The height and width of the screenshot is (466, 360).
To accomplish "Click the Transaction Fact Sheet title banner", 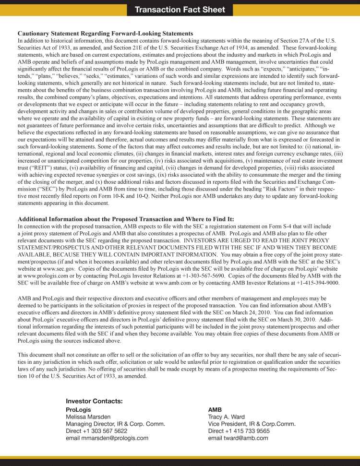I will tap(180, 10).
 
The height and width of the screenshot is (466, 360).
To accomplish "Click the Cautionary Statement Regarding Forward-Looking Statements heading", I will tap(105, 34).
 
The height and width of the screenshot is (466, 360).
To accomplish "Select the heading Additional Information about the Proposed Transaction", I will tap(126, 219).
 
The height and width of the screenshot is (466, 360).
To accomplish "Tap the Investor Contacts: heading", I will tap(94, 401).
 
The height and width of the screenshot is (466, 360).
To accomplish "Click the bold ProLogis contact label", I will tap(78, 410).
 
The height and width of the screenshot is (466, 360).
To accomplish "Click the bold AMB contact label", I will tap(215, 410).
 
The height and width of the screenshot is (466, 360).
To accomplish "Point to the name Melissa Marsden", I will tap(88, 417).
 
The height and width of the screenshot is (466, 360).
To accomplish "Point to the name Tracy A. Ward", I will tap(226, 417).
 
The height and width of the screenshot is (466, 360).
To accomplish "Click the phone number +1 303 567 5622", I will tap(107, 431).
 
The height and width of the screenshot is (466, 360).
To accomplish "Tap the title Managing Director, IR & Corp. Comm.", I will tap(115, 424).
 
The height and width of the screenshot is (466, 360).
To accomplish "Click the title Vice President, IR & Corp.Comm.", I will tap(252, 424).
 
